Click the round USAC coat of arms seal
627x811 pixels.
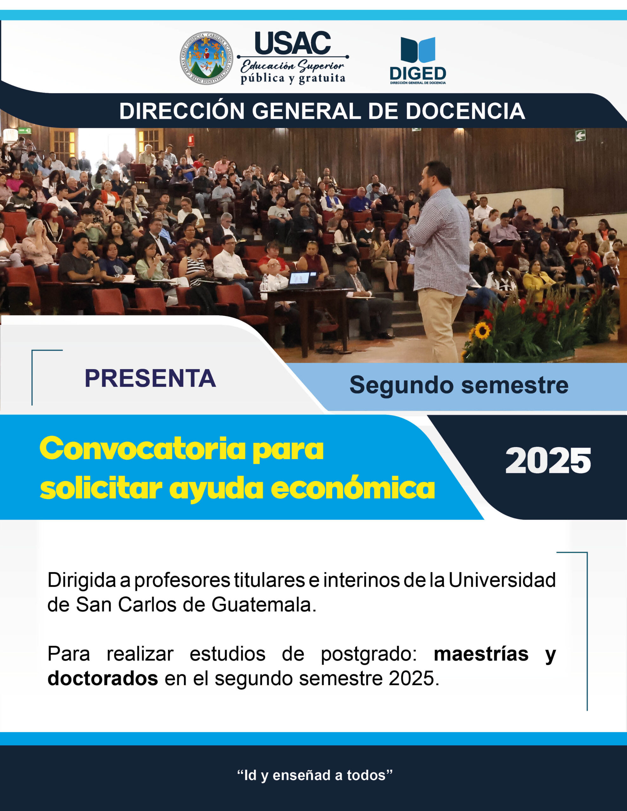point(206,58)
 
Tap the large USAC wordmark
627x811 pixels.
point(293,43)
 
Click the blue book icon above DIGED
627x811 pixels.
point(418,50)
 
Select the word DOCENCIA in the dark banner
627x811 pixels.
point(465,111)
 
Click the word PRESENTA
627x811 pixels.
point(150,378)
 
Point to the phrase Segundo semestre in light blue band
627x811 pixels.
point(459,385)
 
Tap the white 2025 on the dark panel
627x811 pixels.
point(548,461)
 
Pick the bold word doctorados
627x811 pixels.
point(103,679)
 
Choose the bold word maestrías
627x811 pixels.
point(481,654)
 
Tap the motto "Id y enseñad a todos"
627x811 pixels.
point(315,775)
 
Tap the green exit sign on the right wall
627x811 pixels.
point(580,135)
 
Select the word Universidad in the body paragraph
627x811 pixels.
point(502,580)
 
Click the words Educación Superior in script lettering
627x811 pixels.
point(293,67)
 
